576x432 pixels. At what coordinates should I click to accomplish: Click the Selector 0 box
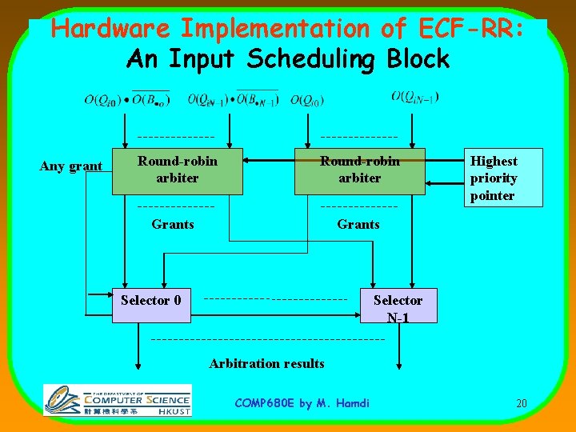tap(151, 305)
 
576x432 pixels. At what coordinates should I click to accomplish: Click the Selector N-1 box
tap(398, 306)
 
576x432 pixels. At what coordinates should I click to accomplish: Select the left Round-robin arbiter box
tap(177, 170)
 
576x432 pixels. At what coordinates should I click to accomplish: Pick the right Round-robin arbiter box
tap(359, 170)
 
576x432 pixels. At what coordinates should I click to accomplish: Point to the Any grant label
tap(71, 166)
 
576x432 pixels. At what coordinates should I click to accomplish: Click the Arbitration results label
tap(266, 363)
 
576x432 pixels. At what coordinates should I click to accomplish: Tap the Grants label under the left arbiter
tap(173, 225)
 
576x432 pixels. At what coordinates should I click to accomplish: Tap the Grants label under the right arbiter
tap(358, 225)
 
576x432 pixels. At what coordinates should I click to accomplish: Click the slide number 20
tap(521, 403)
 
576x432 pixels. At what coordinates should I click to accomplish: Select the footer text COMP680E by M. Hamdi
tap(302, 403)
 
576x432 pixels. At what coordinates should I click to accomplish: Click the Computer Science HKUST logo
tap(118, 400)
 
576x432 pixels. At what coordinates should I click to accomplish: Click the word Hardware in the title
tap(110, 29)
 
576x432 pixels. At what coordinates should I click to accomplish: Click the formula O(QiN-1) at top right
tap(415, 97)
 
